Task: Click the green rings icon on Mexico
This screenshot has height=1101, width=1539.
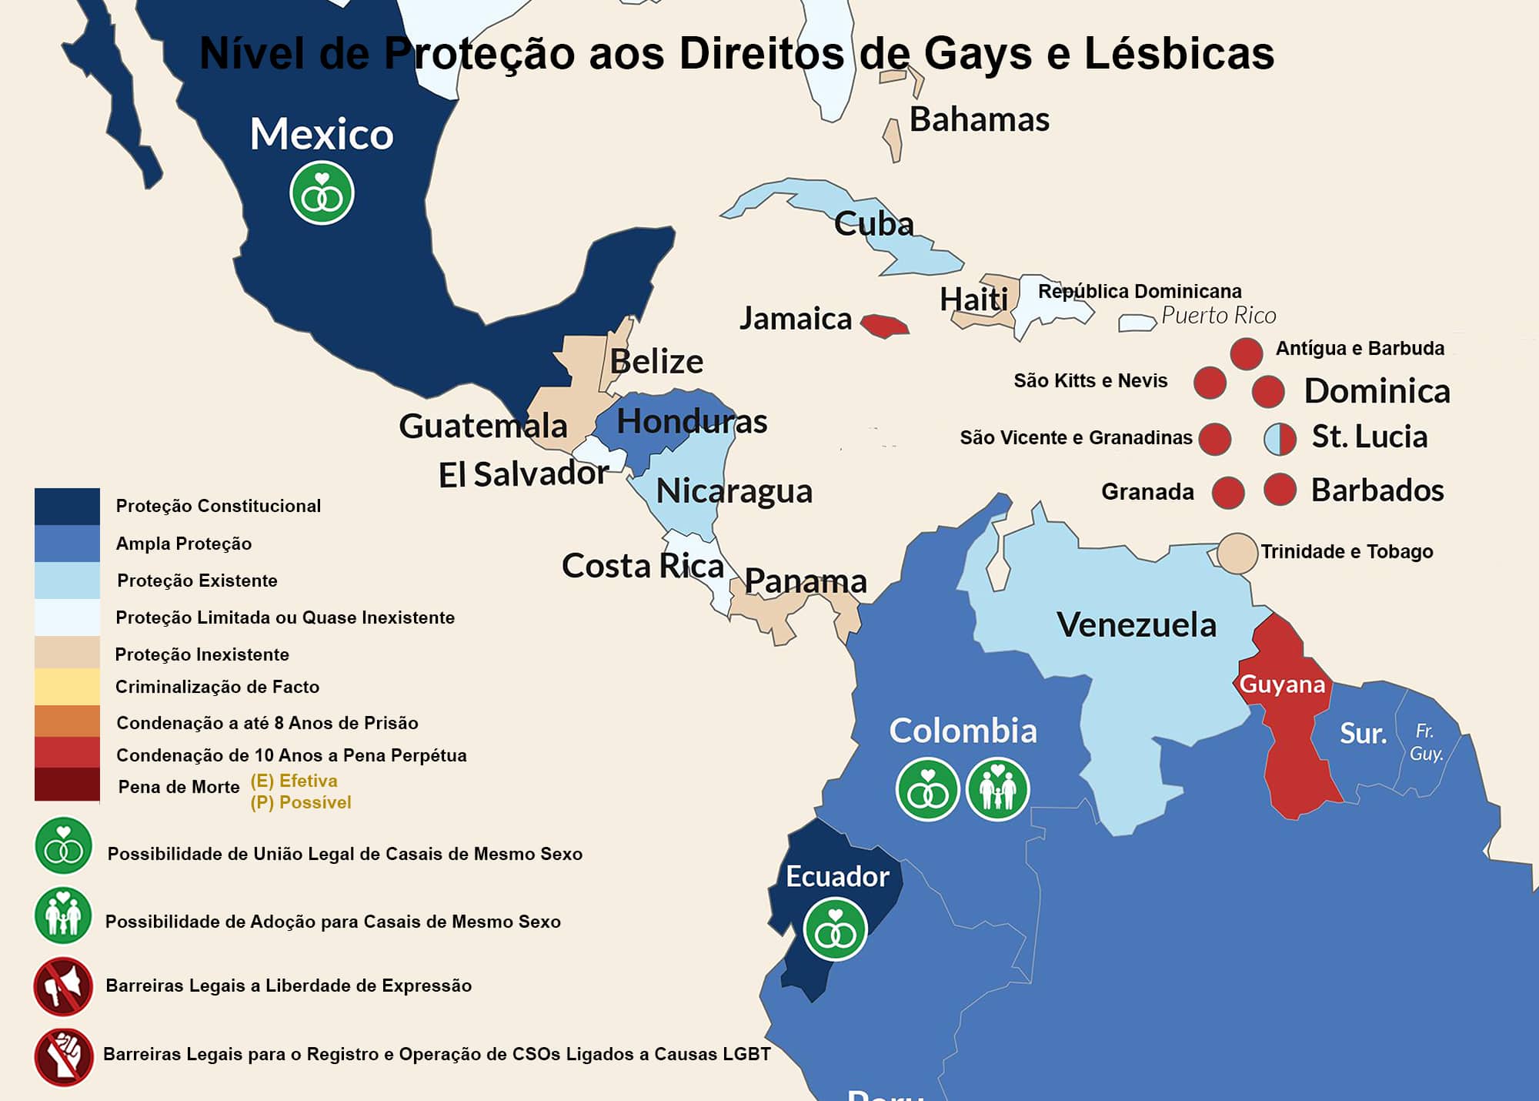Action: point(322,193)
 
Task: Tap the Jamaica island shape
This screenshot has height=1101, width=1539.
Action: point(884,326)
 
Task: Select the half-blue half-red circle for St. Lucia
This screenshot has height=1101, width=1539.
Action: point(1280,439)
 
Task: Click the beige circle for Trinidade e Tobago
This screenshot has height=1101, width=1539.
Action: point(1237,554)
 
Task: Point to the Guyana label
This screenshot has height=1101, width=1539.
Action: point(1282,684)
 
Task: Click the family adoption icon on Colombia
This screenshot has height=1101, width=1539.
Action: point(997,789)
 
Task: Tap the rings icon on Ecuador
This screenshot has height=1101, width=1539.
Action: point(835,929)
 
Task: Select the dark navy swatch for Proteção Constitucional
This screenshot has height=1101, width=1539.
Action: point(67,506)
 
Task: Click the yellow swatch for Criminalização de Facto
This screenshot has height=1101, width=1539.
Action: point(67,687)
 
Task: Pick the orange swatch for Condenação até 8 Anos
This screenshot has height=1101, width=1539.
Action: point(67,721)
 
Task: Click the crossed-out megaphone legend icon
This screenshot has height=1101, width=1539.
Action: point(63,986)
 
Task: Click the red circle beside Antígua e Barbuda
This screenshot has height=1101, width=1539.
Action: point(1246,353)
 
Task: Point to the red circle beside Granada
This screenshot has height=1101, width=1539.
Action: point(1227,493)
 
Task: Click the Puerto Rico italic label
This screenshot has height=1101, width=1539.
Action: point(1218,316)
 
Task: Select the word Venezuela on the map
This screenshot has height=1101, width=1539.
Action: point(1136,624)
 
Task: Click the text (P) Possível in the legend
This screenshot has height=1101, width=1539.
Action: point(301,802)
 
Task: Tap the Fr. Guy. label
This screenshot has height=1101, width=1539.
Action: point(1426,742)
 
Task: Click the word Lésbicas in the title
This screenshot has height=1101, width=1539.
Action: point(1179,54)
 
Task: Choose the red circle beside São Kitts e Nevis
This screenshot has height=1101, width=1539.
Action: point(1209,383)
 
